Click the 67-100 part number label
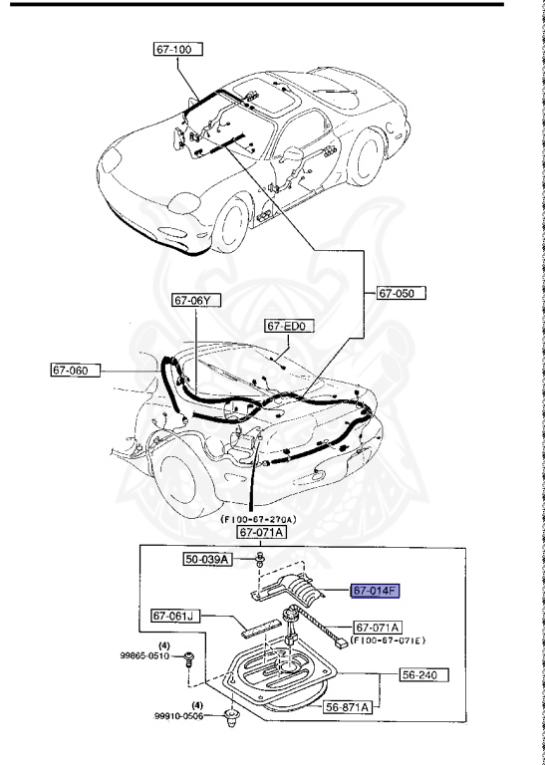(x=176, y=49)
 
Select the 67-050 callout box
(x=401, y=293)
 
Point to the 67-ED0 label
(x=289, y=326)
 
